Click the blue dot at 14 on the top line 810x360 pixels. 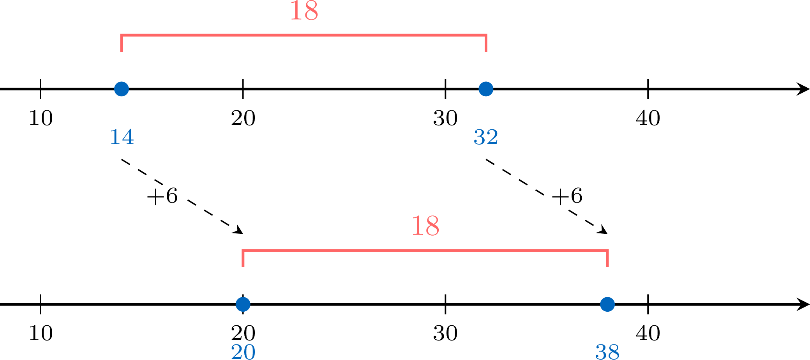point(122,89)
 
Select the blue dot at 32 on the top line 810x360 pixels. point(486,89)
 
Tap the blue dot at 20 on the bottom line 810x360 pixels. point(243,304)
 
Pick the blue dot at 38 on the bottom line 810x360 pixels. point(607,304)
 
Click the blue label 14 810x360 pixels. point(122,137)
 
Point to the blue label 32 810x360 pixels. point(486,137)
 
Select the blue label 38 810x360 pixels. point(607,352)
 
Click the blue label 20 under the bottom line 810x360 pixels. point(243,352)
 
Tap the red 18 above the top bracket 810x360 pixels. point(304,11)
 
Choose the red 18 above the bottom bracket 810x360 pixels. point(425,226)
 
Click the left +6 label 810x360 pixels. point(162,196)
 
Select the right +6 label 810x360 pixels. point(567,196)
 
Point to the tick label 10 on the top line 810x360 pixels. point(41,118)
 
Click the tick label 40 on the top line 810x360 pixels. point(648,118)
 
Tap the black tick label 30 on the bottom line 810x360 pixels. point(445,334)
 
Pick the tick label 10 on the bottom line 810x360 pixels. point(41,334)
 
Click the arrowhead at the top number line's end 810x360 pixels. point(803,89)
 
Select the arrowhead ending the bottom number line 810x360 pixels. point(803,304)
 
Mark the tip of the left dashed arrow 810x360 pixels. point(243,234)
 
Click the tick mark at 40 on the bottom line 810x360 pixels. point(648,304)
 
